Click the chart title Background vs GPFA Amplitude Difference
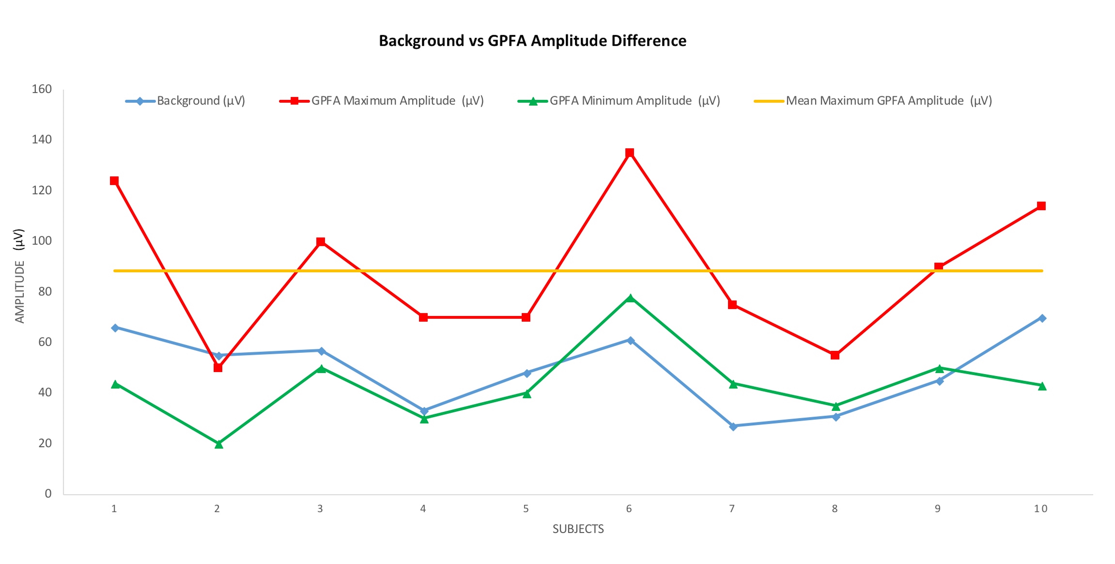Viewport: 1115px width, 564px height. point(532,41)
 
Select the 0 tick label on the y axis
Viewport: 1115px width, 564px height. point(48,494)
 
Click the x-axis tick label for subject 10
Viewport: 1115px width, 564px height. point(1041,509)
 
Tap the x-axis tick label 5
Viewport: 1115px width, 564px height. point(526,509)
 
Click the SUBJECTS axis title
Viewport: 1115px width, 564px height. point(578,529)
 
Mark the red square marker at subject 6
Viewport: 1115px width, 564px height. point(630,153)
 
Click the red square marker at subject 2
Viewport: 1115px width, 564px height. point(218,367)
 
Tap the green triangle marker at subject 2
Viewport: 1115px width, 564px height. point(219,444)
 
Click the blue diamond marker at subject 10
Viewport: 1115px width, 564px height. point(1042,318)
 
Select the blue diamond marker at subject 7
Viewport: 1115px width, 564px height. point(733,426)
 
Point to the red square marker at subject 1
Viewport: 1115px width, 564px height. point(114,180)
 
